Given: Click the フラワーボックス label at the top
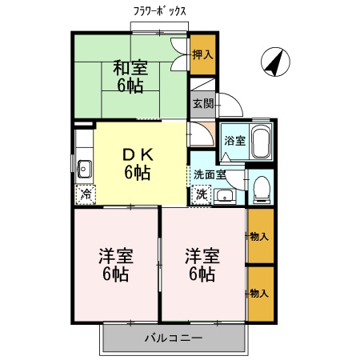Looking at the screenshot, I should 160,11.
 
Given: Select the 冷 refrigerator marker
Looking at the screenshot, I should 84,193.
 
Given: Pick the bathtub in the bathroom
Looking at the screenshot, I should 260,142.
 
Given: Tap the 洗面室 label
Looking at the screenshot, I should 209,174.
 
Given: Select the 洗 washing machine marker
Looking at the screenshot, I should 201,193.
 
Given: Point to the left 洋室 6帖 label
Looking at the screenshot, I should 115,265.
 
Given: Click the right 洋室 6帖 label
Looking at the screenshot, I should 202,265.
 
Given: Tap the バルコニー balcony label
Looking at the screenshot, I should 173,337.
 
